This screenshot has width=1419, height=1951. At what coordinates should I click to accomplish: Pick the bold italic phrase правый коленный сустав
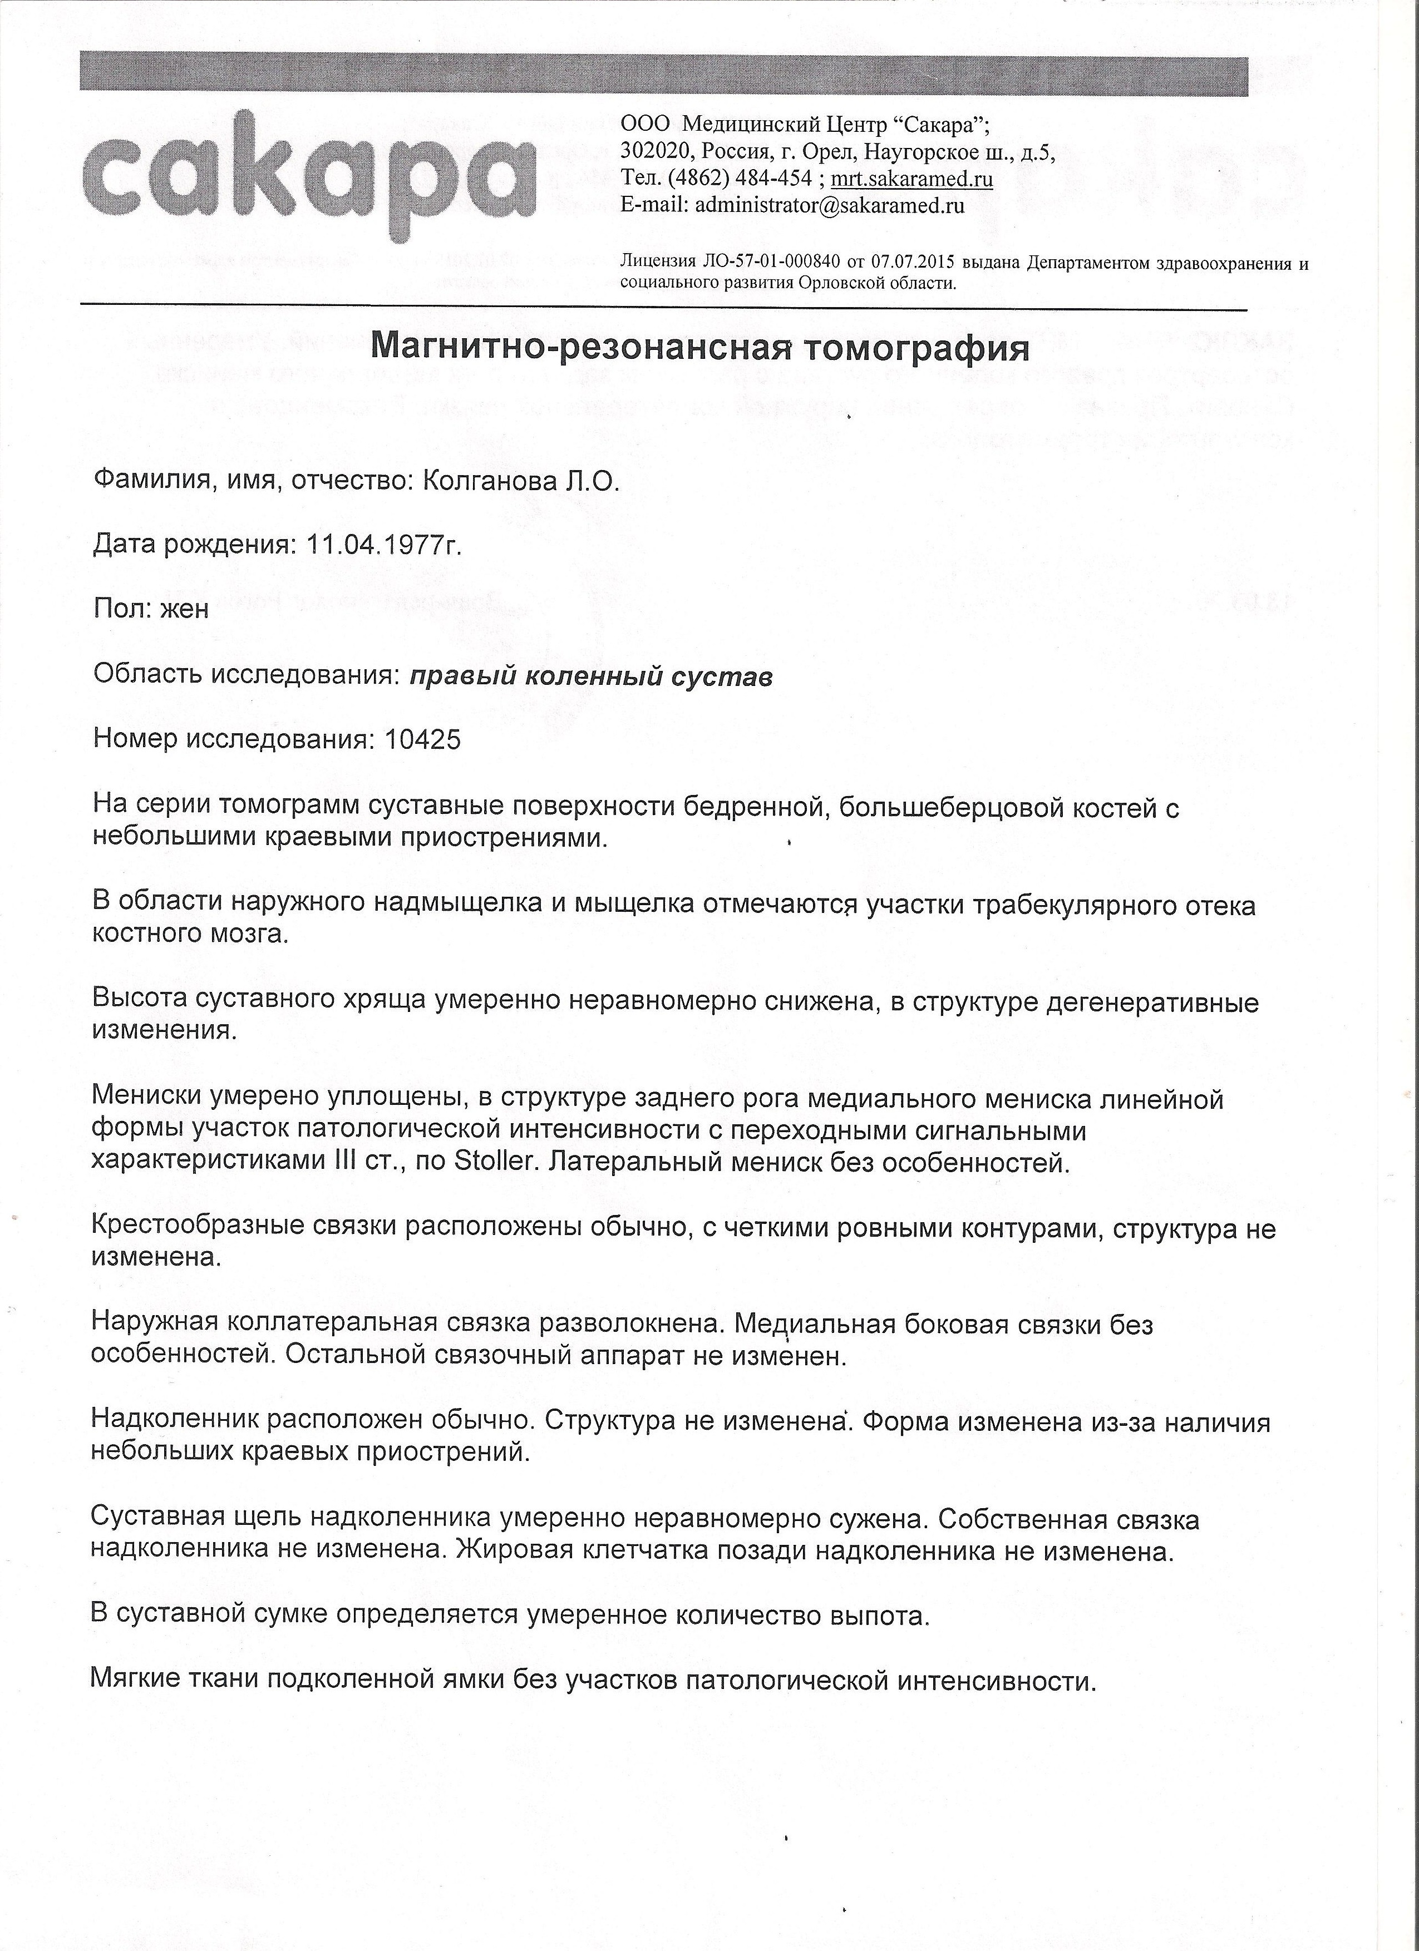590,677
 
